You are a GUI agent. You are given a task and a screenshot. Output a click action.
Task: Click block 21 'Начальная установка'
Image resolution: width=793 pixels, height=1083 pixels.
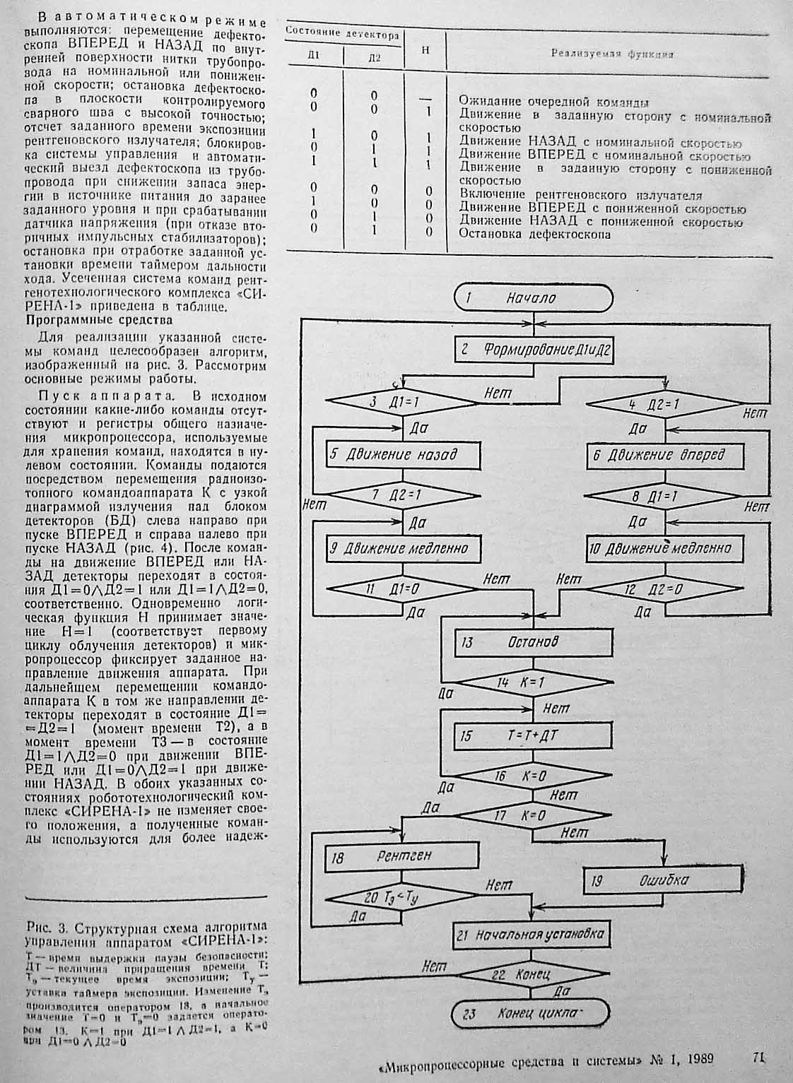click(x=531, y=935)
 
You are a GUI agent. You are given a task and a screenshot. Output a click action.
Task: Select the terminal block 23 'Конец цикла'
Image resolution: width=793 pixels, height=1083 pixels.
click(x=530, y=1014)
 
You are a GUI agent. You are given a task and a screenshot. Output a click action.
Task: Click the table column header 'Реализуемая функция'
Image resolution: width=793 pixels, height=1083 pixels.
click(x=611, y=53)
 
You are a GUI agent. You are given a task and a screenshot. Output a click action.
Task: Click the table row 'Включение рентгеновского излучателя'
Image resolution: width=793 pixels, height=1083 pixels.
click(x=581, y=195)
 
